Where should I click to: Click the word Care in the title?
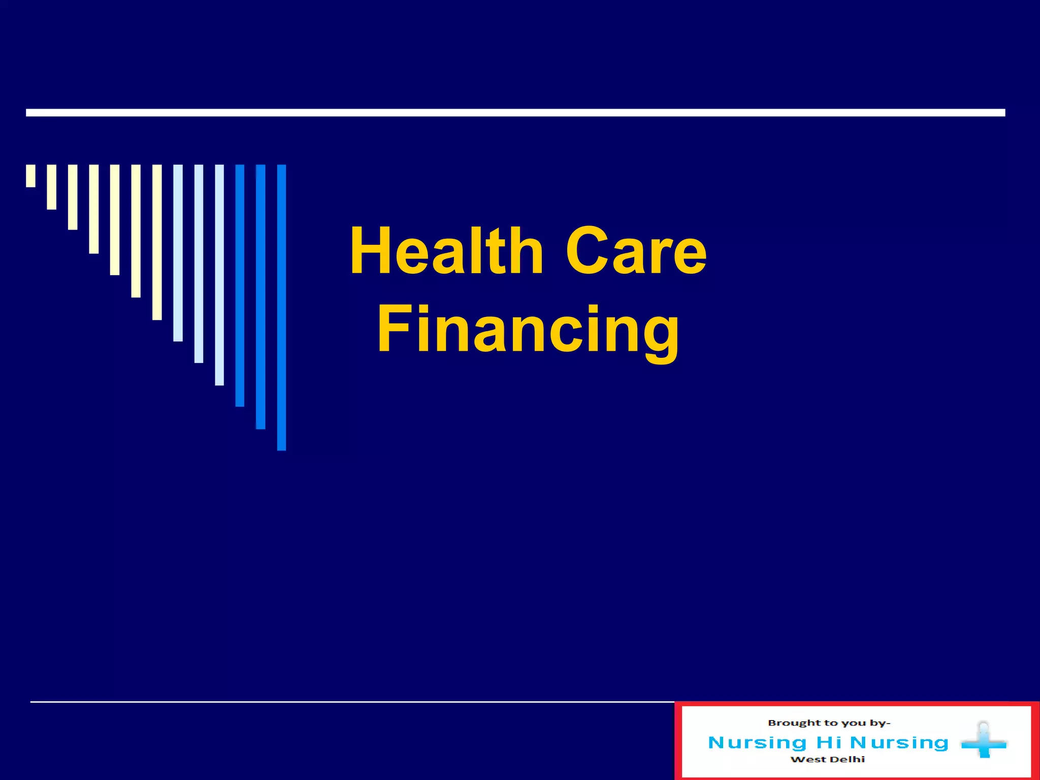point(636,252)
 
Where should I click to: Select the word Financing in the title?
point(528,329)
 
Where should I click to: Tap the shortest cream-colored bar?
point(31,176)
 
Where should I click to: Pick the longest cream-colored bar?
point(157,242)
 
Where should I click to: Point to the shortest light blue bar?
point(178,253)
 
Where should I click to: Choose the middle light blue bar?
point(199,264)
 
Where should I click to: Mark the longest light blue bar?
point(219,275)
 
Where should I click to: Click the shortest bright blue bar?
point(240,285)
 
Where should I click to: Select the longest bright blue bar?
point(281,307)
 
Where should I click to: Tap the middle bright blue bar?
point(261,297)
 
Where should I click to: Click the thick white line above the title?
point(515,113)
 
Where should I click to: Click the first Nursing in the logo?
point(757,742)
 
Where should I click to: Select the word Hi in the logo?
point(829,742)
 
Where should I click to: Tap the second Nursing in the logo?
point(899,742)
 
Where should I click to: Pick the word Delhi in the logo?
point(848,760)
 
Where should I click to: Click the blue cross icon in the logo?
point(984,743)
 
